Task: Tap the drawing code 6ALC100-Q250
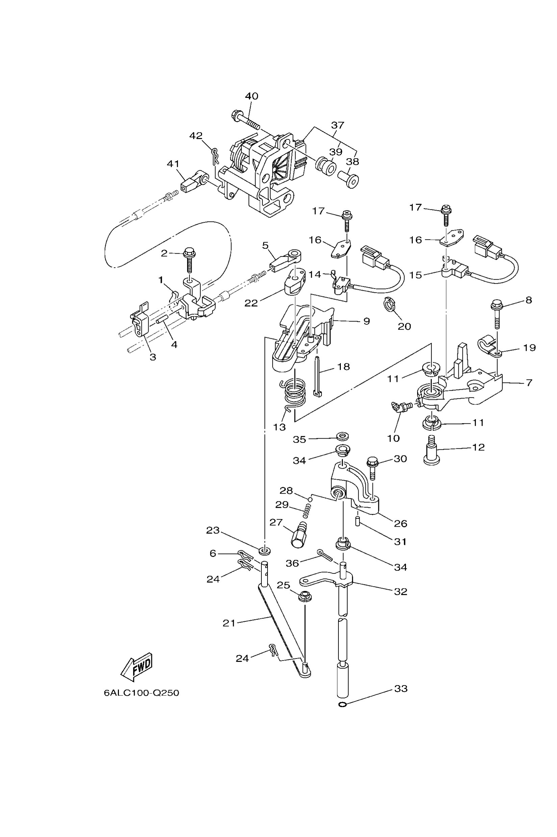(x=142, y=693)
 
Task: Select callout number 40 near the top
(x=252, y=96)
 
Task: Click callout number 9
(x=366, y=321)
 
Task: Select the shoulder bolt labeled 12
(x=432, y=452)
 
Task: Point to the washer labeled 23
(x=264, y=551)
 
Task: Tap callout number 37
(x=338, y=125)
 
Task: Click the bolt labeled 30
(x=372, y=468)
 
